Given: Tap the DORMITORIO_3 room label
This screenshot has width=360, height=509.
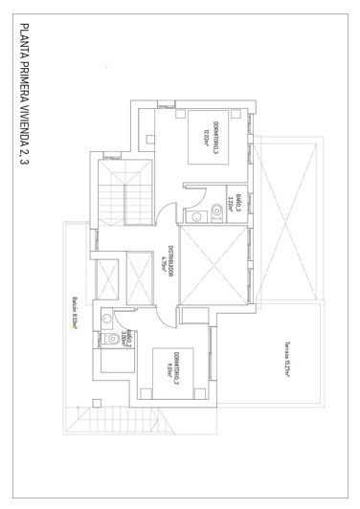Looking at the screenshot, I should pyautogui.click(x=218, y=140).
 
